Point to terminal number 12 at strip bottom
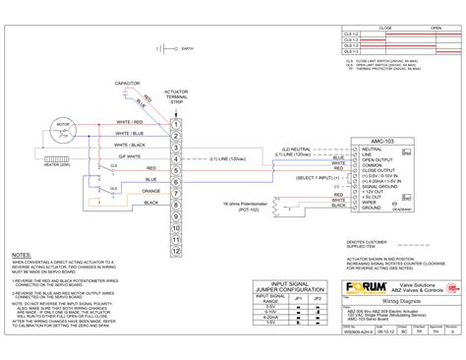point(175,250)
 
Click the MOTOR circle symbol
point(64,128)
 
